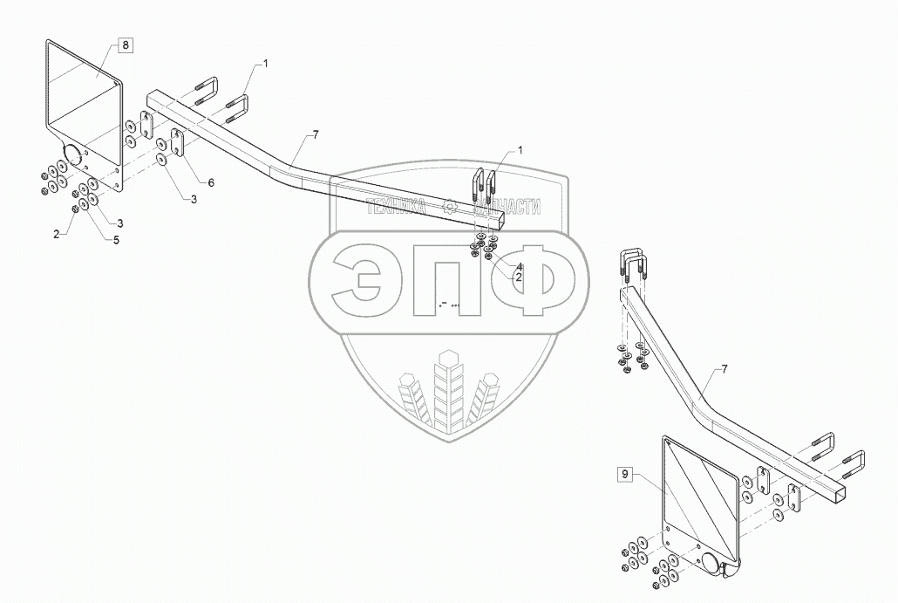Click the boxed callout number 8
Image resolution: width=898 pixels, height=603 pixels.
tap(126, 45)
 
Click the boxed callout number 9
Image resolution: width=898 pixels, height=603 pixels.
tap(624, 475)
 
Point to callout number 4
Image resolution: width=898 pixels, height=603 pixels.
tap(518, 266)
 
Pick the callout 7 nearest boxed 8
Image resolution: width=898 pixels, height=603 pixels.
tap(315, 134)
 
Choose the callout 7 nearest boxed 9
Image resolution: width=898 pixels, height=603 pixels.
tap(723, 371)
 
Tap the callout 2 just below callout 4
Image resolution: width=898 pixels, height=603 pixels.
tap(518, 277)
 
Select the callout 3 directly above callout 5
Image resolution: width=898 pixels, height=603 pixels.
tap(120, 223)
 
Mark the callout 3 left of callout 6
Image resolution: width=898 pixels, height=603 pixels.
tap(194, 200)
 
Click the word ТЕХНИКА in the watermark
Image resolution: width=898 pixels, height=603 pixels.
tap(397, 207)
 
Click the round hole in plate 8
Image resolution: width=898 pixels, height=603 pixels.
tap(70, 158)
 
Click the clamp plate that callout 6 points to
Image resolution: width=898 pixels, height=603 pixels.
tap(179, 145)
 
